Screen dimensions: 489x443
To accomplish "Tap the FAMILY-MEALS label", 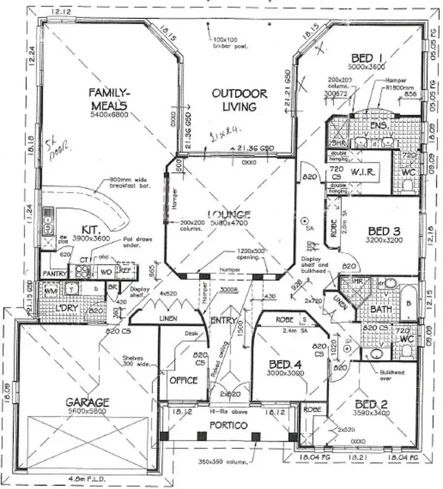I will (109, 98).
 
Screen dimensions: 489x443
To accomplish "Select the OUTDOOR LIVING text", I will (240, 100).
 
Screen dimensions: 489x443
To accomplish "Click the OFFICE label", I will (183, 380).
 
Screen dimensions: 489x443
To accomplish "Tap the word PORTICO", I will (230, 425).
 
